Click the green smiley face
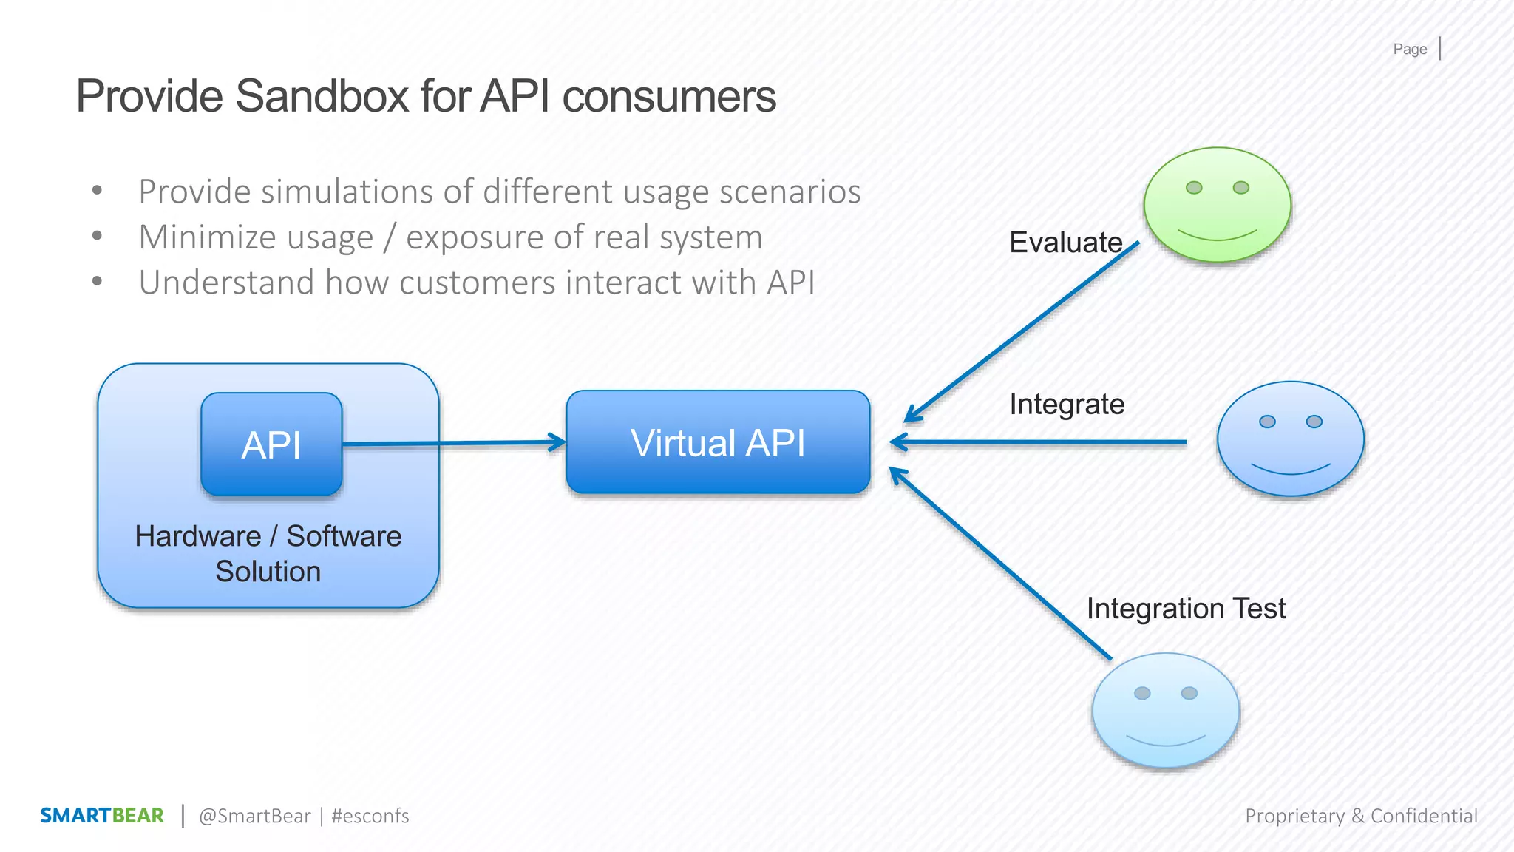tap(1217, 205)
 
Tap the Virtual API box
tap(718, 442)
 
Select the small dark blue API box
tap(271, 444)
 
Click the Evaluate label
tap(1065, 243)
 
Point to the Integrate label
tap(1067, 405)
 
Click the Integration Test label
tap(1186, 609)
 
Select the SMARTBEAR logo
tap(102, 815)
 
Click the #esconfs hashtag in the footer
tap(370, 816)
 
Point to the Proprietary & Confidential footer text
tap(1361, 816)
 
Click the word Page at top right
tap(1410, 49)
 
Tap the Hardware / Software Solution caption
tap(268, 553)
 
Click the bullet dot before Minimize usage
tap(97, 237)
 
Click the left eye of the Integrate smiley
tap(1267, 422)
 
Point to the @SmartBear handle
tap(255, 816)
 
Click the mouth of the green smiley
tap(1217, 236)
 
